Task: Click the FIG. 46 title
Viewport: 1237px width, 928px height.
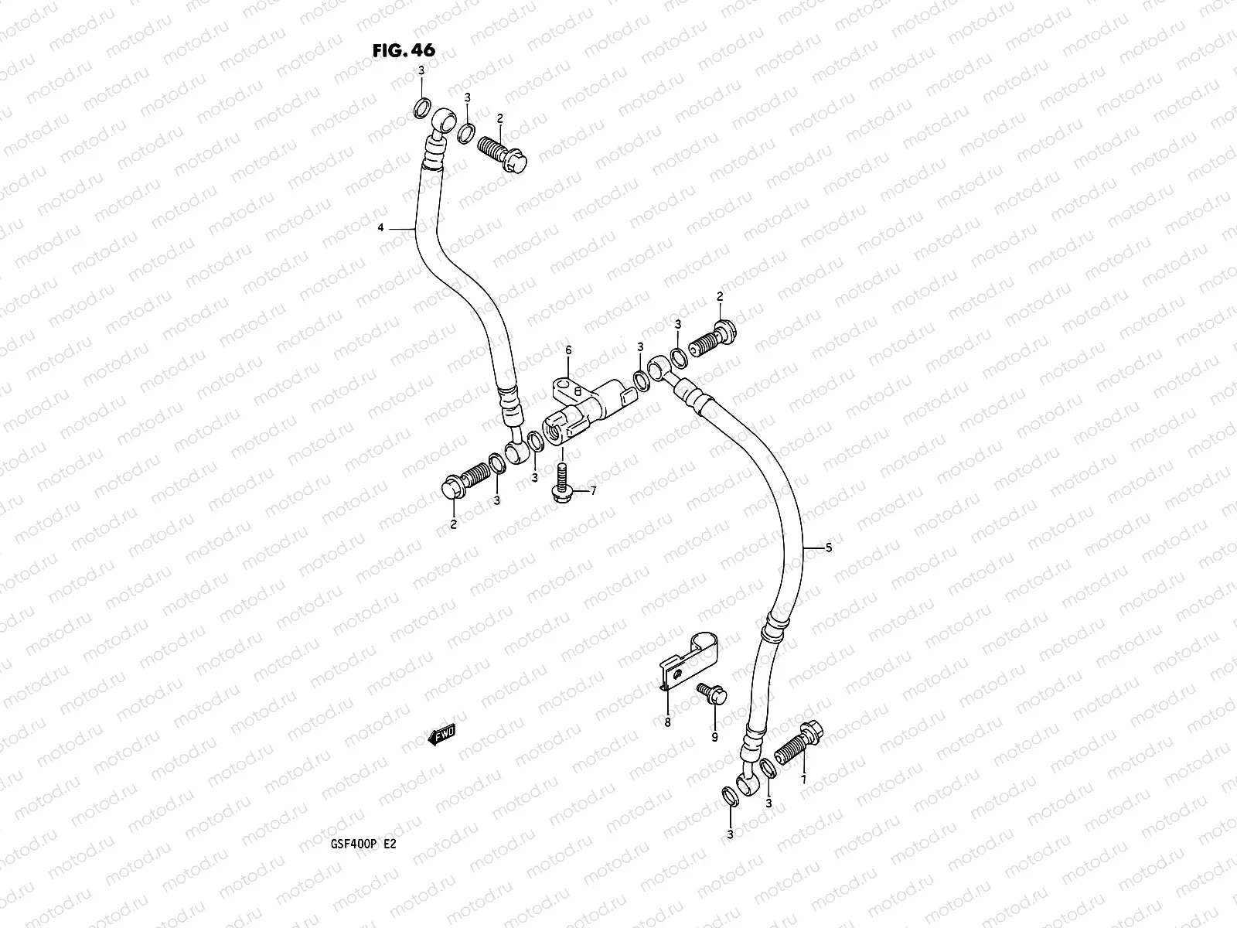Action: click(404, 51)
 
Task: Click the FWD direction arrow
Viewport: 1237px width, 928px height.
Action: click(442, 735)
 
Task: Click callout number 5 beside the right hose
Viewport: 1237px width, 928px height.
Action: click(828, 548)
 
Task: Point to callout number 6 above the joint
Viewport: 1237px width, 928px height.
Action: click(568, 350)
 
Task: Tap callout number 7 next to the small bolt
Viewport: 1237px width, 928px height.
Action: click(593, 490)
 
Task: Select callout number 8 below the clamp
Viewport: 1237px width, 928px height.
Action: click(668, 723)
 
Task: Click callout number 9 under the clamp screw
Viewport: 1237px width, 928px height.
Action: click(714, 737)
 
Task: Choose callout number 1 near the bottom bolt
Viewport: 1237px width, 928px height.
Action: click(803, 780)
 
